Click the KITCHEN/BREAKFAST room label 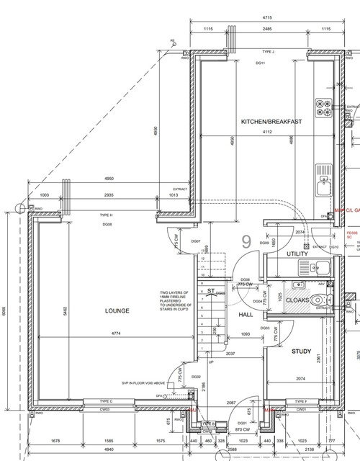coord(271,122)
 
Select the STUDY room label coord(300,352)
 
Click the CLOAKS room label coord(297,300)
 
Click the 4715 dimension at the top coord(266,16)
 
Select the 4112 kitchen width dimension coord(267,132)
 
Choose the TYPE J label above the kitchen coord(269,53)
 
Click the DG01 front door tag coord(243,423)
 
